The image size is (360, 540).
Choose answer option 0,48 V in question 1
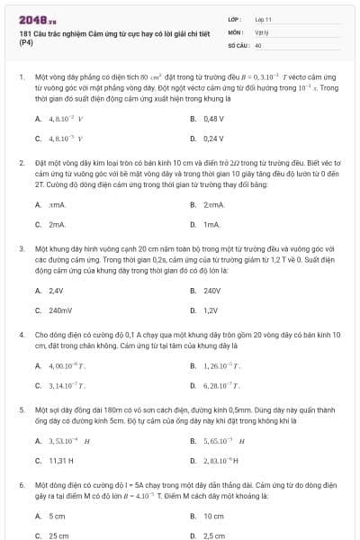click(x=213, y=118)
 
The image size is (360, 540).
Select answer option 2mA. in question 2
click(x=57, y=223)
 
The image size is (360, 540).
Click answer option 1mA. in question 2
click(x=211, y=223)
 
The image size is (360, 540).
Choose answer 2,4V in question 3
click(x=56, y=290)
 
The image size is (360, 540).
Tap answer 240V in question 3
click(x=212, y=290)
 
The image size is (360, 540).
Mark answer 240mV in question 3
click(x=59, y=310)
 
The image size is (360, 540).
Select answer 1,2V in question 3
click(x=211, y=310)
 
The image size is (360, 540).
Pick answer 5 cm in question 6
click(x=57, y=516)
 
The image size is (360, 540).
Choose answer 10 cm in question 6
click(x=213, y=516)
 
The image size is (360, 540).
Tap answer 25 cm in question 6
click(x=58, y=535)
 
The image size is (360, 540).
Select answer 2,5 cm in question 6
click(x=214, y=535)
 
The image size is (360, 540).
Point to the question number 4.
click(x=21, y=334)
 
